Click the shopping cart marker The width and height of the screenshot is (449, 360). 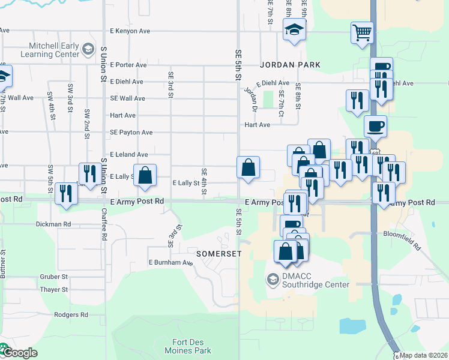[362, 33]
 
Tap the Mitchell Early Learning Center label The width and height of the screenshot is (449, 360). [54, 50]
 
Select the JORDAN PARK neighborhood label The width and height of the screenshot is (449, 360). [290, 64]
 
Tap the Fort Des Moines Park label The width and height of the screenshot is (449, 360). [187, 346]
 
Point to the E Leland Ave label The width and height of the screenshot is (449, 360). [128, 154]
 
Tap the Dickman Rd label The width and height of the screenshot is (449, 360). [54, 224]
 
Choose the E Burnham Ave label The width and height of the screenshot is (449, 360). [171, 263]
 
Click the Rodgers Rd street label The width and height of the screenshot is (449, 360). [71, 314]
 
